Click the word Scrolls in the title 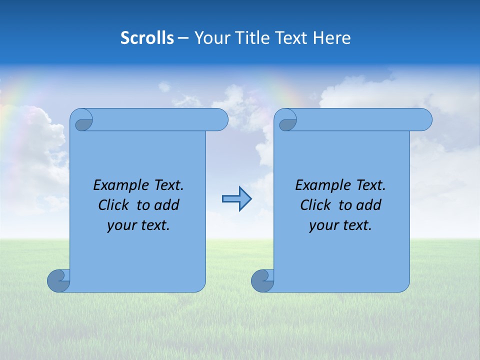pos(147,38)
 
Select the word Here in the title pos(331,38)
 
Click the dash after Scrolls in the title pos(183,38)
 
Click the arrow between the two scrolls pos(236,199)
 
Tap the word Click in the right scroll pos(316,205)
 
